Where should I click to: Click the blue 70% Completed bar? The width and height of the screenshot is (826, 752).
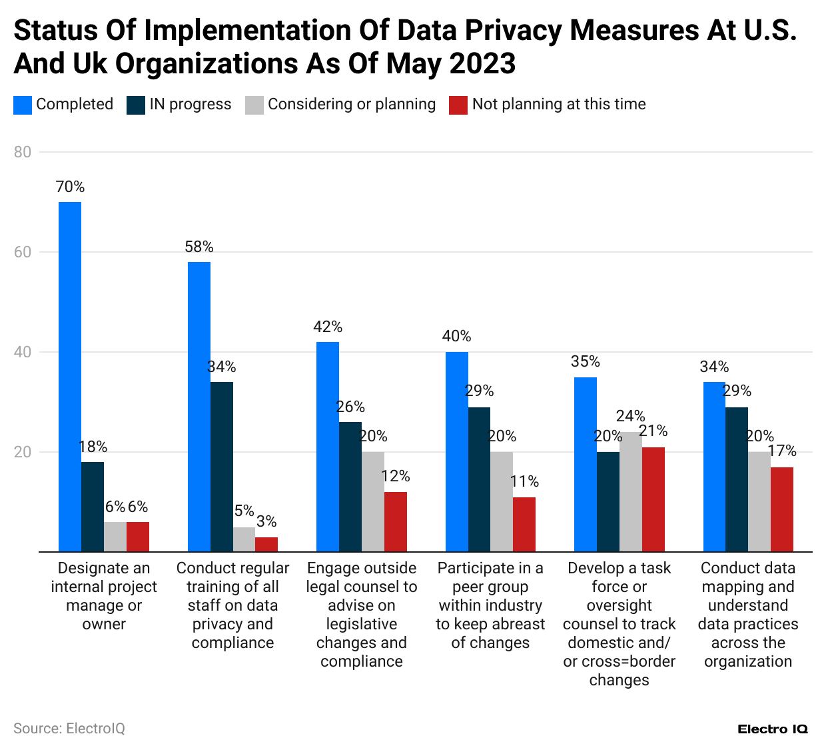pos(70,377)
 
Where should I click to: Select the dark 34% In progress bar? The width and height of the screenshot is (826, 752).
pos(222,467)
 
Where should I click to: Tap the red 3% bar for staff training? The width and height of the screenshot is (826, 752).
pos(266,544)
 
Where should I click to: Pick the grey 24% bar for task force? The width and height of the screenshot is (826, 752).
pos(631,492)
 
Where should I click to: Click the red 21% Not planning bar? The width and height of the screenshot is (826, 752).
pos(653,499)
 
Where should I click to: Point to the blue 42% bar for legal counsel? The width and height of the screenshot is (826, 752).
pos(328,447)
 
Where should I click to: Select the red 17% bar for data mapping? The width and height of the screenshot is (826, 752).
pos(782,509)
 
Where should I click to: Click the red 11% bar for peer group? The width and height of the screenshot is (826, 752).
pos(524,525)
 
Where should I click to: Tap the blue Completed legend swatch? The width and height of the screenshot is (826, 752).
pos(23,105)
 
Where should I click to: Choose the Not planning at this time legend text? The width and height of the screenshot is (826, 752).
pos(559,105)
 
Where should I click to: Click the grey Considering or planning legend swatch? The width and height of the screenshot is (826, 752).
pos(254,105)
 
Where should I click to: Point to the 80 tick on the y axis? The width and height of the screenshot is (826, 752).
pos(23,152)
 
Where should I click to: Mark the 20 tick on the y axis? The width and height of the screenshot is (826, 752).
pos(23,452)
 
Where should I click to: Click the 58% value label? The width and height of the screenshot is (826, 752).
pos(199,247)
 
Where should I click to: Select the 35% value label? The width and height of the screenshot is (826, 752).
pos(586,362)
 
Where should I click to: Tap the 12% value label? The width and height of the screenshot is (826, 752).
pos(396,477)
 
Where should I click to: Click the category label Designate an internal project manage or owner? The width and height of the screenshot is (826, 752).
pos(104,596)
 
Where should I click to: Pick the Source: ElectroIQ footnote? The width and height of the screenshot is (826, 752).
pos(69,729)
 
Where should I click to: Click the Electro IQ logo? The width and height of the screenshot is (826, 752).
pos(773,729)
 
